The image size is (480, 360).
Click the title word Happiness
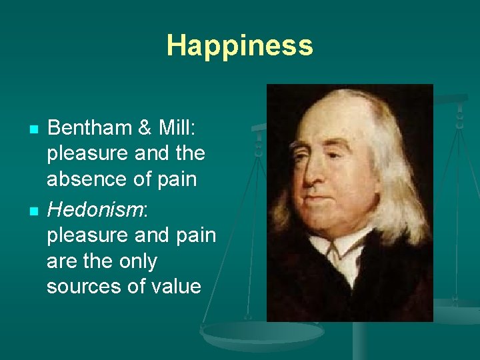(x=239, y=45)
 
